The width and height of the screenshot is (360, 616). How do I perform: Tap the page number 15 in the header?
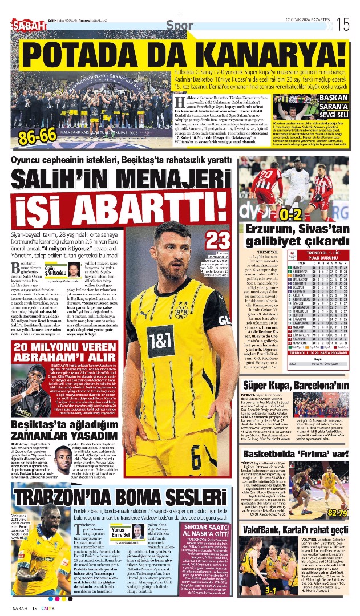point(342,24)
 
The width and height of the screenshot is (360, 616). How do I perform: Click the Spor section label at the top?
point(180,24)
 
